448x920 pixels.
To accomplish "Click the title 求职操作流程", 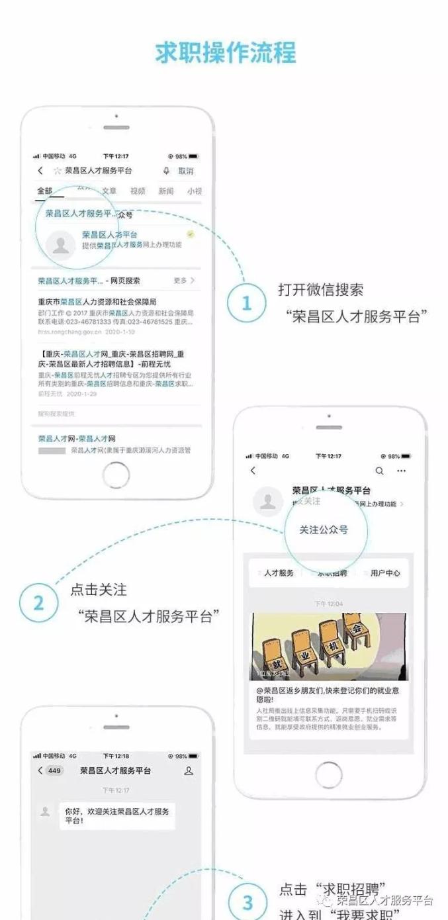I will (x=224, y=52).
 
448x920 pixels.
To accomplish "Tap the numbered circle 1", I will (x=247, y=303).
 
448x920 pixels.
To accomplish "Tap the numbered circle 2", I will (x=38, y=603).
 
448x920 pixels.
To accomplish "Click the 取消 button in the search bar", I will (x=186, y=171).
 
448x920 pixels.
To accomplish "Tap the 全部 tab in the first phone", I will (x=45, y=191).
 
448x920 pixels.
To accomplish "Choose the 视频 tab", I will (x=138, y=191).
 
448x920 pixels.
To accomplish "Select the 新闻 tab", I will (x=166, y=191).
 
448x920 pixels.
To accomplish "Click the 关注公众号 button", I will (x=324, y=529).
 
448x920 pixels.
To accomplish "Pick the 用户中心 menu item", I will (x=385, y=573).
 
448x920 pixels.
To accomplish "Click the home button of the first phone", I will (x=116, y=474).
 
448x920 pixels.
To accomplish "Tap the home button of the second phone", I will (x=329, y=774).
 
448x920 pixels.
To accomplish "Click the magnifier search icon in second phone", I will (x=379, y=471).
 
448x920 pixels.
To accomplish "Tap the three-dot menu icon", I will (x=401, y=471).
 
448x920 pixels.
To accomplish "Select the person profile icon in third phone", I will (x=189, y=770).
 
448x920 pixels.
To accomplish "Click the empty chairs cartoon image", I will (x=329, y=647).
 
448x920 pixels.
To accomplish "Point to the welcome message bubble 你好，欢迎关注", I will (x=117, y=815).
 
